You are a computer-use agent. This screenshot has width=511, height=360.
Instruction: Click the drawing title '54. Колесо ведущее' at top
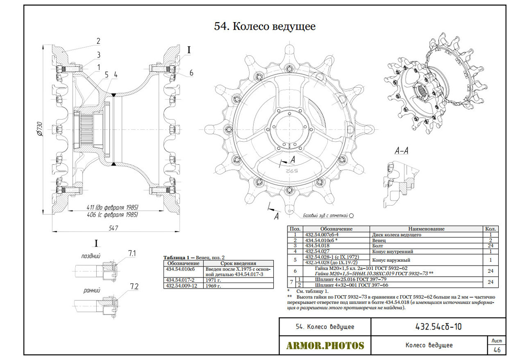tap(264, 27)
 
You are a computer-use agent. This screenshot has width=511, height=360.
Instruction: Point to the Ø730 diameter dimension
tap(40, 128)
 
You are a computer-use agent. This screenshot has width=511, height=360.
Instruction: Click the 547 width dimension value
tap(113, 229)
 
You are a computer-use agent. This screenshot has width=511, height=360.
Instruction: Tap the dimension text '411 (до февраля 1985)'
tap(112, 207)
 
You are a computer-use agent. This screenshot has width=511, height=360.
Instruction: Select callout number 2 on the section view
tap(98, 41)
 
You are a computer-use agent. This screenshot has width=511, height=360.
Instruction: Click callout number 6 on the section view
tap(191, 73)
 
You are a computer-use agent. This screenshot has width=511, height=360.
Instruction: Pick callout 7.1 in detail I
tap(132, 254)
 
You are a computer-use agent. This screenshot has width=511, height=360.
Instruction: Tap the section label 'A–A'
tap(402, 151)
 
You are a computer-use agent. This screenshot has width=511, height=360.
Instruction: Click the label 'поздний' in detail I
tap(91, 257)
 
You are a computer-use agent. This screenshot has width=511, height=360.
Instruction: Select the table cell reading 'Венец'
tap(379, 240)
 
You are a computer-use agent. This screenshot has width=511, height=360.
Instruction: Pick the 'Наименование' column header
tap(426, 229)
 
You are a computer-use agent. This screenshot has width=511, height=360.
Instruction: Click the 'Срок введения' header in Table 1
tap(237, 263)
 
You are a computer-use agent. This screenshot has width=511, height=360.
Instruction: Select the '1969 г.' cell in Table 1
tap(213, 286)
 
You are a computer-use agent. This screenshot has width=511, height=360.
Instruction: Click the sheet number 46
tap(497, 350)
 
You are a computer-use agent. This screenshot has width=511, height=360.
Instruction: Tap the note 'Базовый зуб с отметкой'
tap(326, 215)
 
